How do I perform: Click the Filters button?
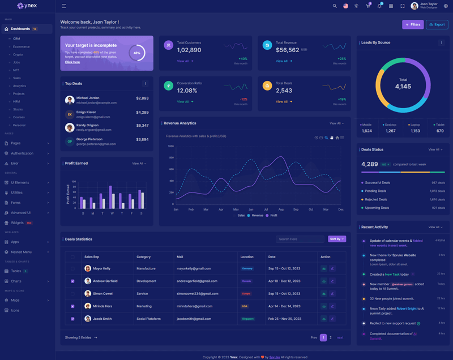(413, 24)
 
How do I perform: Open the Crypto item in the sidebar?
(18, 54)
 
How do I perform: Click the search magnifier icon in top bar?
(335, 6)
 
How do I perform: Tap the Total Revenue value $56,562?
(288, 50)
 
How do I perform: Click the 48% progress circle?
(137, 53)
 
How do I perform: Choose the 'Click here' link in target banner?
(72, 62)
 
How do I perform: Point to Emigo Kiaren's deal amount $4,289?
(142, 112)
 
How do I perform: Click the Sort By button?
(336, 239)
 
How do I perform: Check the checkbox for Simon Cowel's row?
(72, 294)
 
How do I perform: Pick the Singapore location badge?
(247, 319)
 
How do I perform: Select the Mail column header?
(180, 257)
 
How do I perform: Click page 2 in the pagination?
(331, 337)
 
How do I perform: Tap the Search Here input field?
(300, 239)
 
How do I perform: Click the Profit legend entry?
(271, 216)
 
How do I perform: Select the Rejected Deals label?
(376, 199)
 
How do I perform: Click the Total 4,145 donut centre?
(403, 84)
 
